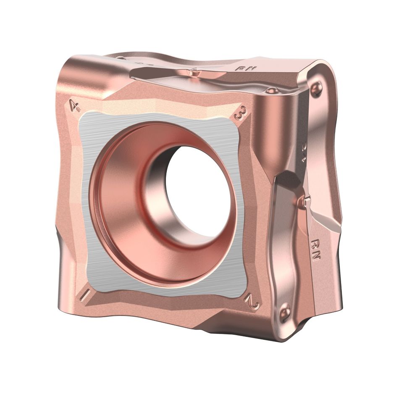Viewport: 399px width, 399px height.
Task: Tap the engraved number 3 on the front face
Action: (240, 114)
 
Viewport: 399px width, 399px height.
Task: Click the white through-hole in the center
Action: (197, 189)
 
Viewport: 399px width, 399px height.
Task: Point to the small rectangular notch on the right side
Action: (306, 202)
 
